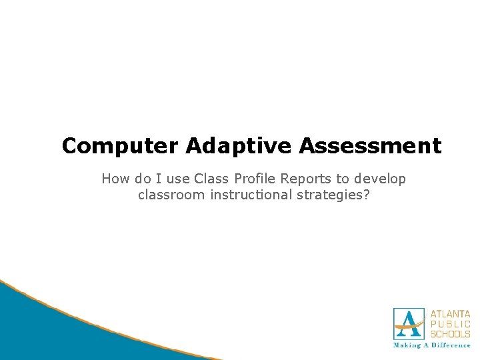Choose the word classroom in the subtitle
coord(169,195)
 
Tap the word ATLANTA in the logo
coord(450,313)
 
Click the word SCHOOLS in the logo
coord(450,333)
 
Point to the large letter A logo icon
coord(409,324)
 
